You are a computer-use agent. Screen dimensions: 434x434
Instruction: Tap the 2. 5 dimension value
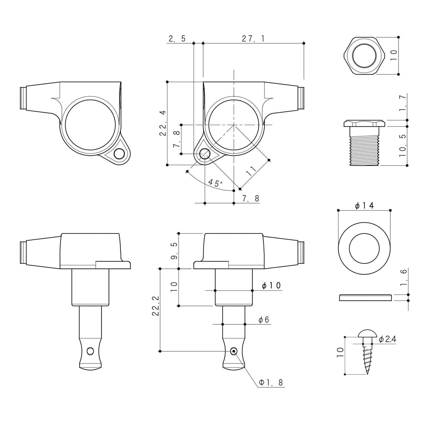tap(177, 39)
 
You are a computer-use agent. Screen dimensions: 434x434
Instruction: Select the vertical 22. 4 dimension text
tap(162, 123)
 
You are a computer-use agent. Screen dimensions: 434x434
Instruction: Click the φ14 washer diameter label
tap(364, 206)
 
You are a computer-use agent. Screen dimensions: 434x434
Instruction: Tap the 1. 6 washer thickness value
tap(403, 278)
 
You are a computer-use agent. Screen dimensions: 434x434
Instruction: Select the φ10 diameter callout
tap(271, 286)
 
